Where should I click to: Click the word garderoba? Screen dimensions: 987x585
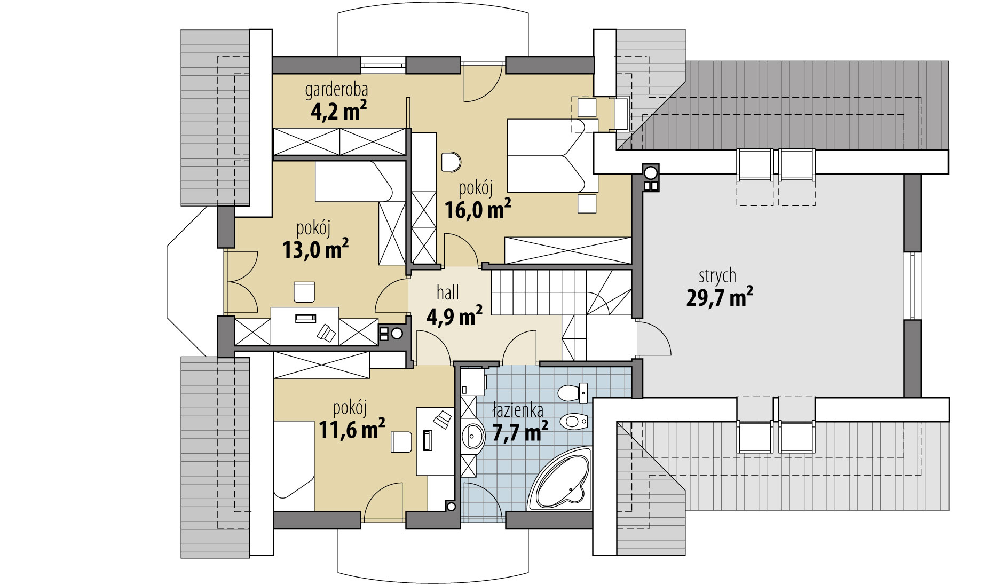(x=336, y=90)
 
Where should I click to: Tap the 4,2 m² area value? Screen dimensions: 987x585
(x=338, y=112)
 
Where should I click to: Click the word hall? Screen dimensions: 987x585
(x=448, y=292)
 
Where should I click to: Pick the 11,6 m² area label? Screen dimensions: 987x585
(x=352, y=429)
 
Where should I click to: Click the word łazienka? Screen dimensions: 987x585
(x=518, y=410)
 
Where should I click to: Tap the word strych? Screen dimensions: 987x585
(x=717, y=276)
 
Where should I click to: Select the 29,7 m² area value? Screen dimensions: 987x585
(x=720, y=297)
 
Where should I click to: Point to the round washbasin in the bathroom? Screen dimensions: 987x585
(x=472, y=438)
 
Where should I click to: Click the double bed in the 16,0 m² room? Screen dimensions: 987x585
(x=552, y=155)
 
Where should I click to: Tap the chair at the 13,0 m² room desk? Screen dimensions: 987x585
(x=304, y=292)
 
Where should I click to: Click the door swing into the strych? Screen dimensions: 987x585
(x=654, y=339)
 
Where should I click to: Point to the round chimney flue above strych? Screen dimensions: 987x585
(x=651, y=172)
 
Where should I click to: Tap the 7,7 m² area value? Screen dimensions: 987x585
(x=520, y=431)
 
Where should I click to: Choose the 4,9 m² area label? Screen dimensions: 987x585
(x=454, y=316)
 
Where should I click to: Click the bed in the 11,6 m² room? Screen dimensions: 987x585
(x=294, y=464)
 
